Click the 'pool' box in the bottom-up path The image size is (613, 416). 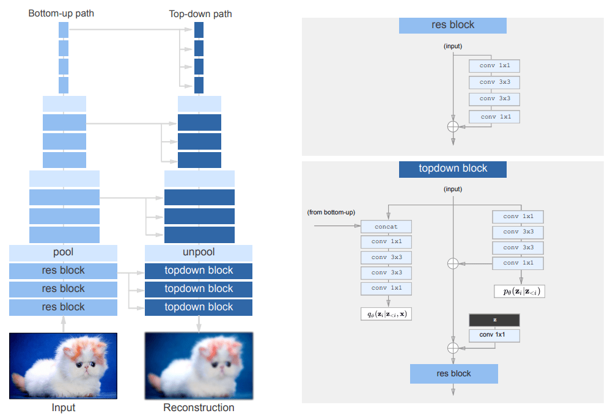(63, 252)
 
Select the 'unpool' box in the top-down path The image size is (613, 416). (199, 252)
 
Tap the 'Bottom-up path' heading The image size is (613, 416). (61, 13)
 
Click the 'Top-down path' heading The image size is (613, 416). (200, 13)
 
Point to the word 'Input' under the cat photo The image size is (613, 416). (63, 407)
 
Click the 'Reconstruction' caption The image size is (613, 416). (199, 407)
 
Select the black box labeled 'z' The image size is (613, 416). (494, 320)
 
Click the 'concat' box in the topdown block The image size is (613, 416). (386, 227)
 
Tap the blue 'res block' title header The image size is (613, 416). (453, 25)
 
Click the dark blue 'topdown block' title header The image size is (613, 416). (453, 169)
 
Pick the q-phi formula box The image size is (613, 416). (386, 314)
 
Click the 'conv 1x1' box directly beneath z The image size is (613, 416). (494, 335)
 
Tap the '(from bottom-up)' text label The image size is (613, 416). (331, 212)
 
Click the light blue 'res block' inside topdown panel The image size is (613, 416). (453, 373)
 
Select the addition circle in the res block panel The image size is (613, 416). (453, 126)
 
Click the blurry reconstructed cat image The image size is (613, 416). (199, 365)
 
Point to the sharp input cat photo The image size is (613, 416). (63, 365)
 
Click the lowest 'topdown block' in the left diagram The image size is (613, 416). (199, 307)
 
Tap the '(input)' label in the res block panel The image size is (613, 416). (453, 46)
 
